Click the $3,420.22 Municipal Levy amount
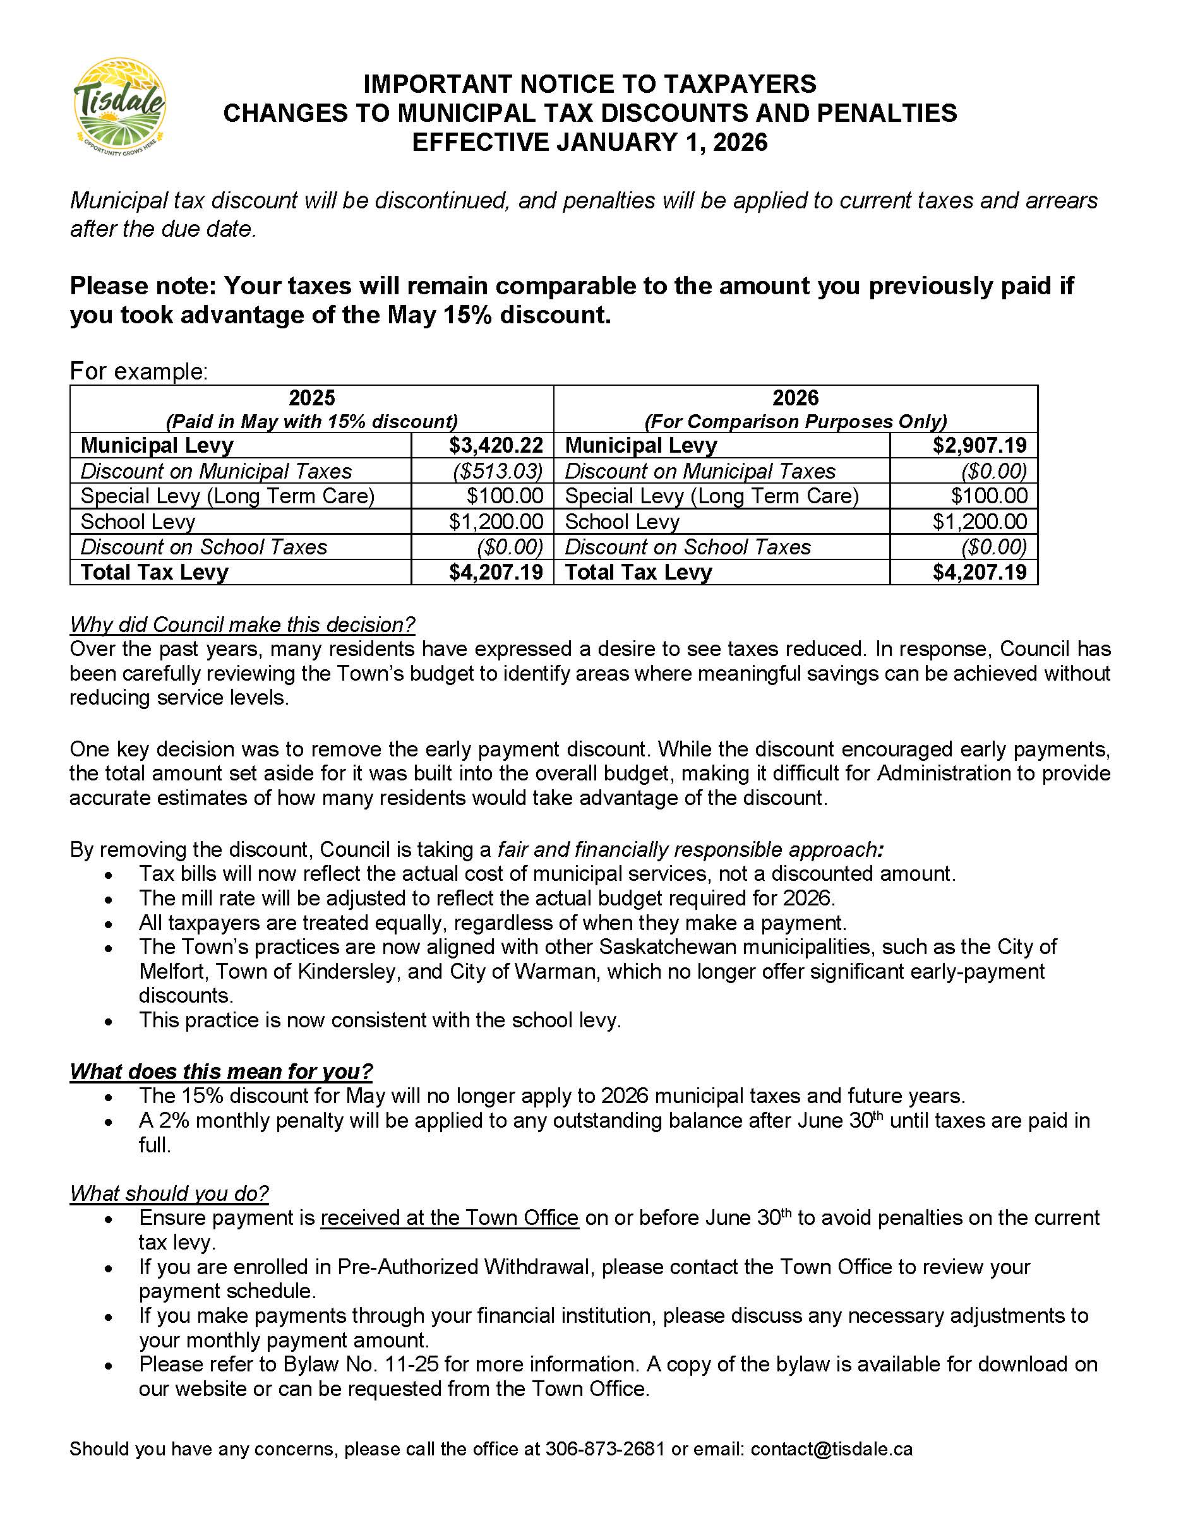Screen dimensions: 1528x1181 495,445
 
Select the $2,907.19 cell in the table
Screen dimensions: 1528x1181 979,445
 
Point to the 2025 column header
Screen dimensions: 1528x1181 311,398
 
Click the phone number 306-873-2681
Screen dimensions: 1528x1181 604,1449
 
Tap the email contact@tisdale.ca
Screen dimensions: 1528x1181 831,1449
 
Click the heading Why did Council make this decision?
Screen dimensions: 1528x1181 242,624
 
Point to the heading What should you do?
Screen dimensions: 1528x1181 169,1193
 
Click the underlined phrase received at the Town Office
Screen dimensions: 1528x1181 449,1217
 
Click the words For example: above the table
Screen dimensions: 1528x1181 138,371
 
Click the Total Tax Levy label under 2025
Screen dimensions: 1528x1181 155,571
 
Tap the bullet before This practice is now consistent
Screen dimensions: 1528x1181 108,1022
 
